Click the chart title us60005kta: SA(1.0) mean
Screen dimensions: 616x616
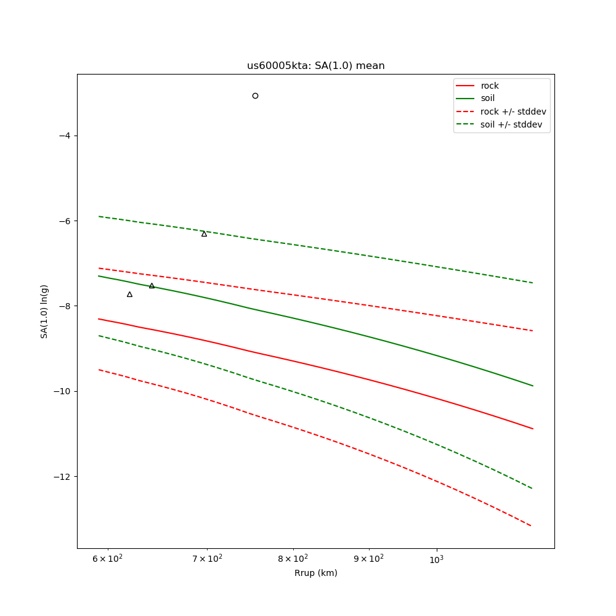pos(315,66)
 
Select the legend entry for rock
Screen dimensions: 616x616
pos(490,86)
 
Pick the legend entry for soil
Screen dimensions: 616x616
pos(487,99)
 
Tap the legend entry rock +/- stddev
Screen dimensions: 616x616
pos(513,111)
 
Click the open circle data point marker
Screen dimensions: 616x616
pos(255,95)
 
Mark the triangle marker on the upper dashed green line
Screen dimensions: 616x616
pos(204,233)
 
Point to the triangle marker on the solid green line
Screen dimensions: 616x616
pos(152,285)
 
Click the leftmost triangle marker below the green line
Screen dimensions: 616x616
pos(129,294)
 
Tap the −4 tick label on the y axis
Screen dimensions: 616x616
pos(65,136)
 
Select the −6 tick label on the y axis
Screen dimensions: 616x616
pos(65,221)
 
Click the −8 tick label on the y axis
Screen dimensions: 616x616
pos(65,306)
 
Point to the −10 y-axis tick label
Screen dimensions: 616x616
pos(62,391)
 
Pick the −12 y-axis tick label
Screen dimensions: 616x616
pos(62,477)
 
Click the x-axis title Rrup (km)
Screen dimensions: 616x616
pos(315,573)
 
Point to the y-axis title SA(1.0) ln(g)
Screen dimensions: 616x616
pos(44,311)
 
